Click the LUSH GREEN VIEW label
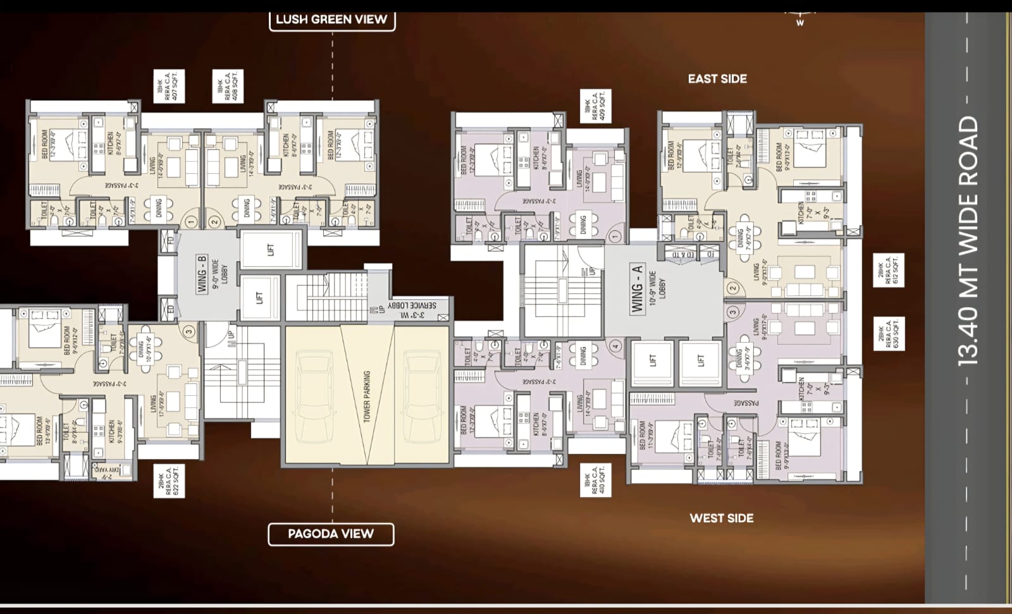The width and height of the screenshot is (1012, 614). click(x=331, y=20)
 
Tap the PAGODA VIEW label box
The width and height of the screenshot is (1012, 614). click(x=331, y=534)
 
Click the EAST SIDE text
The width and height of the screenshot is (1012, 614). click(x=717, y=79)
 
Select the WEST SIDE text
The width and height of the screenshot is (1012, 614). click(x=721, y=519)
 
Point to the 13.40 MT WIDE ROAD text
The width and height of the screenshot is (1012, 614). click(x=968, y=241)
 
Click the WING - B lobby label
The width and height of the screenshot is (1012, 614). click(x=202, y=274)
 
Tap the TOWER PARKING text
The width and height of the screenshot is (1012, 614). click(x=367, y=396)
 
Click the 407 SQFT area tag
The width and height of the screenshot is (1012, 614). click(x=169, y=87)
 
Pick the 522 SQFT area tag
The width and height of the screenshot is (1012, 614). click(x=169, y=480)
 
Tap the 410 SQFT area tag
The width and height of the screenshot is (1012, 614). click(x=595, y=480)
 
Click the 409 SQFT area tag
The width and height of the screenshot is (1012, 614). click(x=595, y=106)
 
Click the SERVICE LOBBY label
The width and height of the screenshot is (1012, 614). click(x=412, y=309)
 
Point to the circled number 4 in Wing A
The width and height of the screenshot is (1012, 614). click(x=616, y=346)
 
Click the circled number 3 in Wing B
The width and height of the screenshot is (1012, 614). click(x=188, y=331)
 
